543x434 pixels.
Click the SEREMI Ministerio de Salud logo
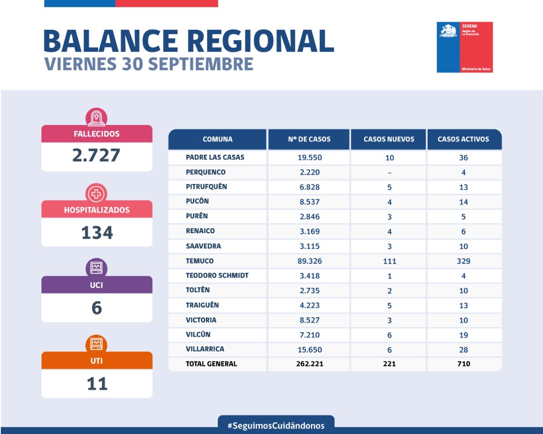point(465,47)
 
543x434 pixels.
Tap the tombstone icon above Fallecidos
point(96,117)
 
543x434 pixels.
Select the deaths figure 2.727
point(96,156)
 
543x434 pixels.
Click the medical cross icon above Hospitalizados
point(96,194)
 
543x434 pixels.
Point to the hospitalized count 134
point(97,233)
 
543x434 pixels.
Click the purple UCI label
point(96,285)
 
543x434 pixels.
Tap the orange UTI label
point(96,361)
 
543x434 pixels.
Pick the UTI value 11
point(97,384)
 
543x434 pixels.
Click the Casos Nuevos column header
point(389,139)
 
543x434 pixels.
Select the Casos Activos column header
point(463,139)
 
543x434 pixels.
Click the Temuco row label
point(199,261)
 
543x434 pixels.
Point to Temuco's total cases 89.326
point(310,261)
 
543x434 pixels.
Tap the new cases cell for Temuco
point(389,262)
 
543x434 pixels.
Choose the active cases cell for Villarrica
point(463,350)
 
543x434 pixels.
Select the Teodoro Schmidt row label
point(217,275)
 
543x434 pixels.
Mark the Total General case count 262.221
point(310,364)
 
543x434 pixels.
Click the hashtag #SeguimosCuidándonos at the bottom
point(276,426)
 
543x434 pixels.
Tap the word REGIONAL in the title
point(260,41)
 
